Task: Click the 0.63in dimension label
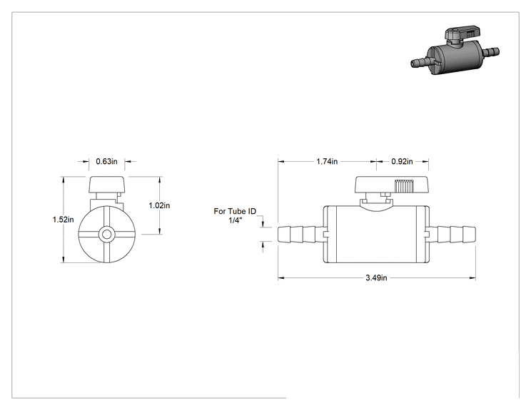tap(106, 161)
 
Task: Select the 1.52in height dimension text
tap(63, 220)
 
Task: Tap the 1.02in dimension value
tap(159, 205)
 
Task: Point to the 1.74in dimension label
tap(327, 161)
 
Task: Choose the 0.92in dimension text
tap(402, 161)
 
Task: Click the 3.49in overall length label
tap(376, 278)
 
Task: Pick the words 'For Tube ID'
tap(235, 212)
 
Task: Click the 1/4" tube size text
tap(236, 221)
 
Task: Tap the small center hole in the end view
tap(106, 234)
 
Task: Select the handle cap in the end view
tap(106, 185)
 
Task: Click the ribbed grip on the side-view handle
tap(404, 186)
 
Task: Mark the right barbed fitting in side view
tap(452, 234)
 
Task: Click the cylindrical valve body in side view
tap(376, 234)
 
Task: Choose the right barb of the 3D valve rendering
tap(491, 53)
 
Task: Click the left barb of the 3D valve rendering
tap(421, 62)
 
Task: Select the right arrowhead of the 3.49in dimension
tap(472, 278)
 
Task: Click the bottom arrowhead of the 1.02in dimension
tap(160, 231)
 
